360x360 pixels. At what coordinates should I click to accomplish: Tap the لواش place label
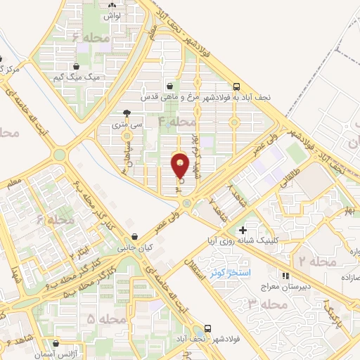112,15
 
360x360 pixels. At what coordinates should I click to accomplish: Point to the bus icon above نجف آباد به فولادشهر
290,87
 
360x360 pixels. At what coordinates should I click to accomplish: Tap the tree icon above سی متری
126,112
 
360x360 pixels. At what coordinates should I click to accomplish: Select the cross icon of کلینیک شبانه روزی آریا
243,230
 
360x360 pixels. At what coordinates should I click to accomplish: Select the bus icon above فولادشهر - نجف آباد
208,328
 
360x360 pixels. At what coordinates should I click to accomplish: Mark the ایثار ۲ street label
82,247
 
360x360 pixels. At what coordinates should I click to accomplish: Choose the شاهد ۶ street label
18,345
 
